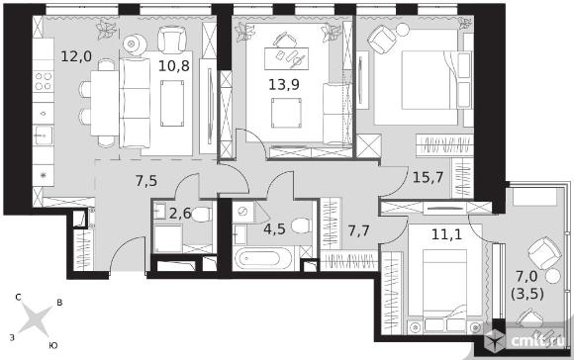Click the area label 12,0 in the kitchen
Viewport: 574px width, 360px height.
click(76, 56)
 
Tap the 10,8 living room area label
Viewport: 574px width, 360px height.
click(174, 66)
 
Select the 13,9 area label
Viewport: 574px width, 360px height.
click(284, 84)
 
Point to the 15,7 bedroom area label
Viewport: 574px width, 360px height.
click(428, 177)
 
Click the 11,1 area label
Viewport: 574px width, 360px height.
click(446, 234)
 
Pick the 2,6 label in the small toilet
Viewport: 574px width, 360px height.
click(180, 214)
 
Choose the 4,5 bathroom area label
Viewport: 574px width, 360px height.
click(274, 230)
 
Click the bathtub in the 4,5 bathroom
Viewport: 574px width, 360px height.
click(263, 258)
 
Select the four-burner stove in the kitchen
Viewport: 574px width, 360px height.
click(44, 81)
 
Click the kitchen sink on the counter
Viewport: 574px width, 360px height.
click(44, 135)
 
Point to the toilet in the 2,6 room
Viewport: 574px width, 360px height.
click(202, 215)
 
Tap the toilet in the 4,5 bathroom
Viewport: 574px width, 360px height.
click(302, 226)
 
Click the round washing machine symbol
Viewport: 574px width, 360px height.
click(242, 212)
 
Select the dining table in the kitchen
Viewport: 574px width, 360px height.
click(105, 103)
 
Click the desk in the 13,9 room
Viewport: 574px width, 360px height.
click(287, 58)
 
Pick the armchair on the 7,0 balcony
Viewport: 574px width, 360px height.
click(545, 253)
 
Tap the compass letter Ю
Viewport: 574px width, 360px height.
click(53, 345)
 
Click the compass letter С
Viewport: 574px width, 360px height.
click(18, 298)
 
